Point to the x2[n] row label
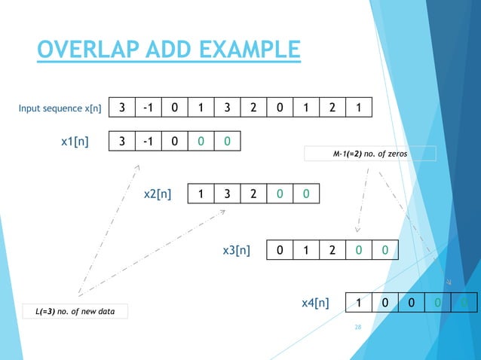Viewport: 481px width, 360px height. (157, 194)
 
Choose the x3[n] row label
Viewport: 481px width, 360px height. (236, 249)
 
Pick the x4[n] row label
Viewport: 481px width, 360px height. (314, 303)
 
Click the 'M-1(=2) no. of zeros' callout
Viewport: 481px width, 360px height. (371, 154)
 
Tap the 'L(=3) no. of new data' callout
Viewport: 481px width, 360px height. (75, 310)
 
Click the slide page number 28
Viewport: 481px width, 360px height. (358, 328)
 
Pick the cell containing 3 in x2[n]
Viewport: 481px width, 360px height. (227, 194)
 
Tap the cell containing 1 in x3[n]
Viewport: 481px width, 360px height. (306, 249)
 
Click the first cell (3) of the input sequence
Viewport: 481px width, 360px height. (122, 108)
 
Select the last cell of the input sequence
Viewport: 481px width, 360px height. (359, 108)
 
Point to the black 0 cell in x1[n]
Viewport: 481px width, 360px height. (175, 141)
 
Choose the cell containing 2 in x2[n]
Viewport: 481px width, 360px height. (253, 194)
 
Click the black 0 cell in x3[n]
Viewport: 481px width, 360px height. (280, 249)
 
